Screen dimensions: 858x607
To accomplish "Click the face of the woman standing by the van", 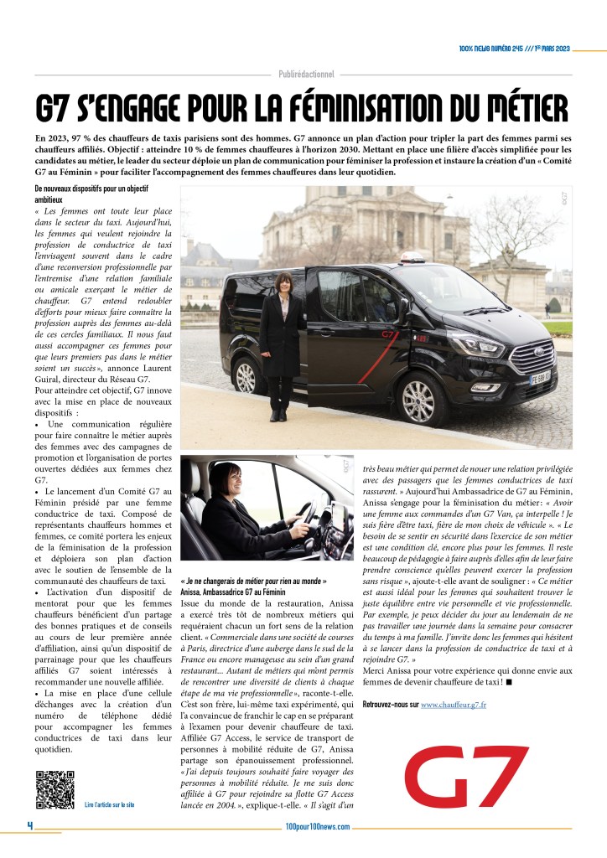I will tap(285, 282).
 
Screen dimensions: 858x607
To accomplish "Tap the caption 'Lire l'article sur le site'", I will tap(109, 804).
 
